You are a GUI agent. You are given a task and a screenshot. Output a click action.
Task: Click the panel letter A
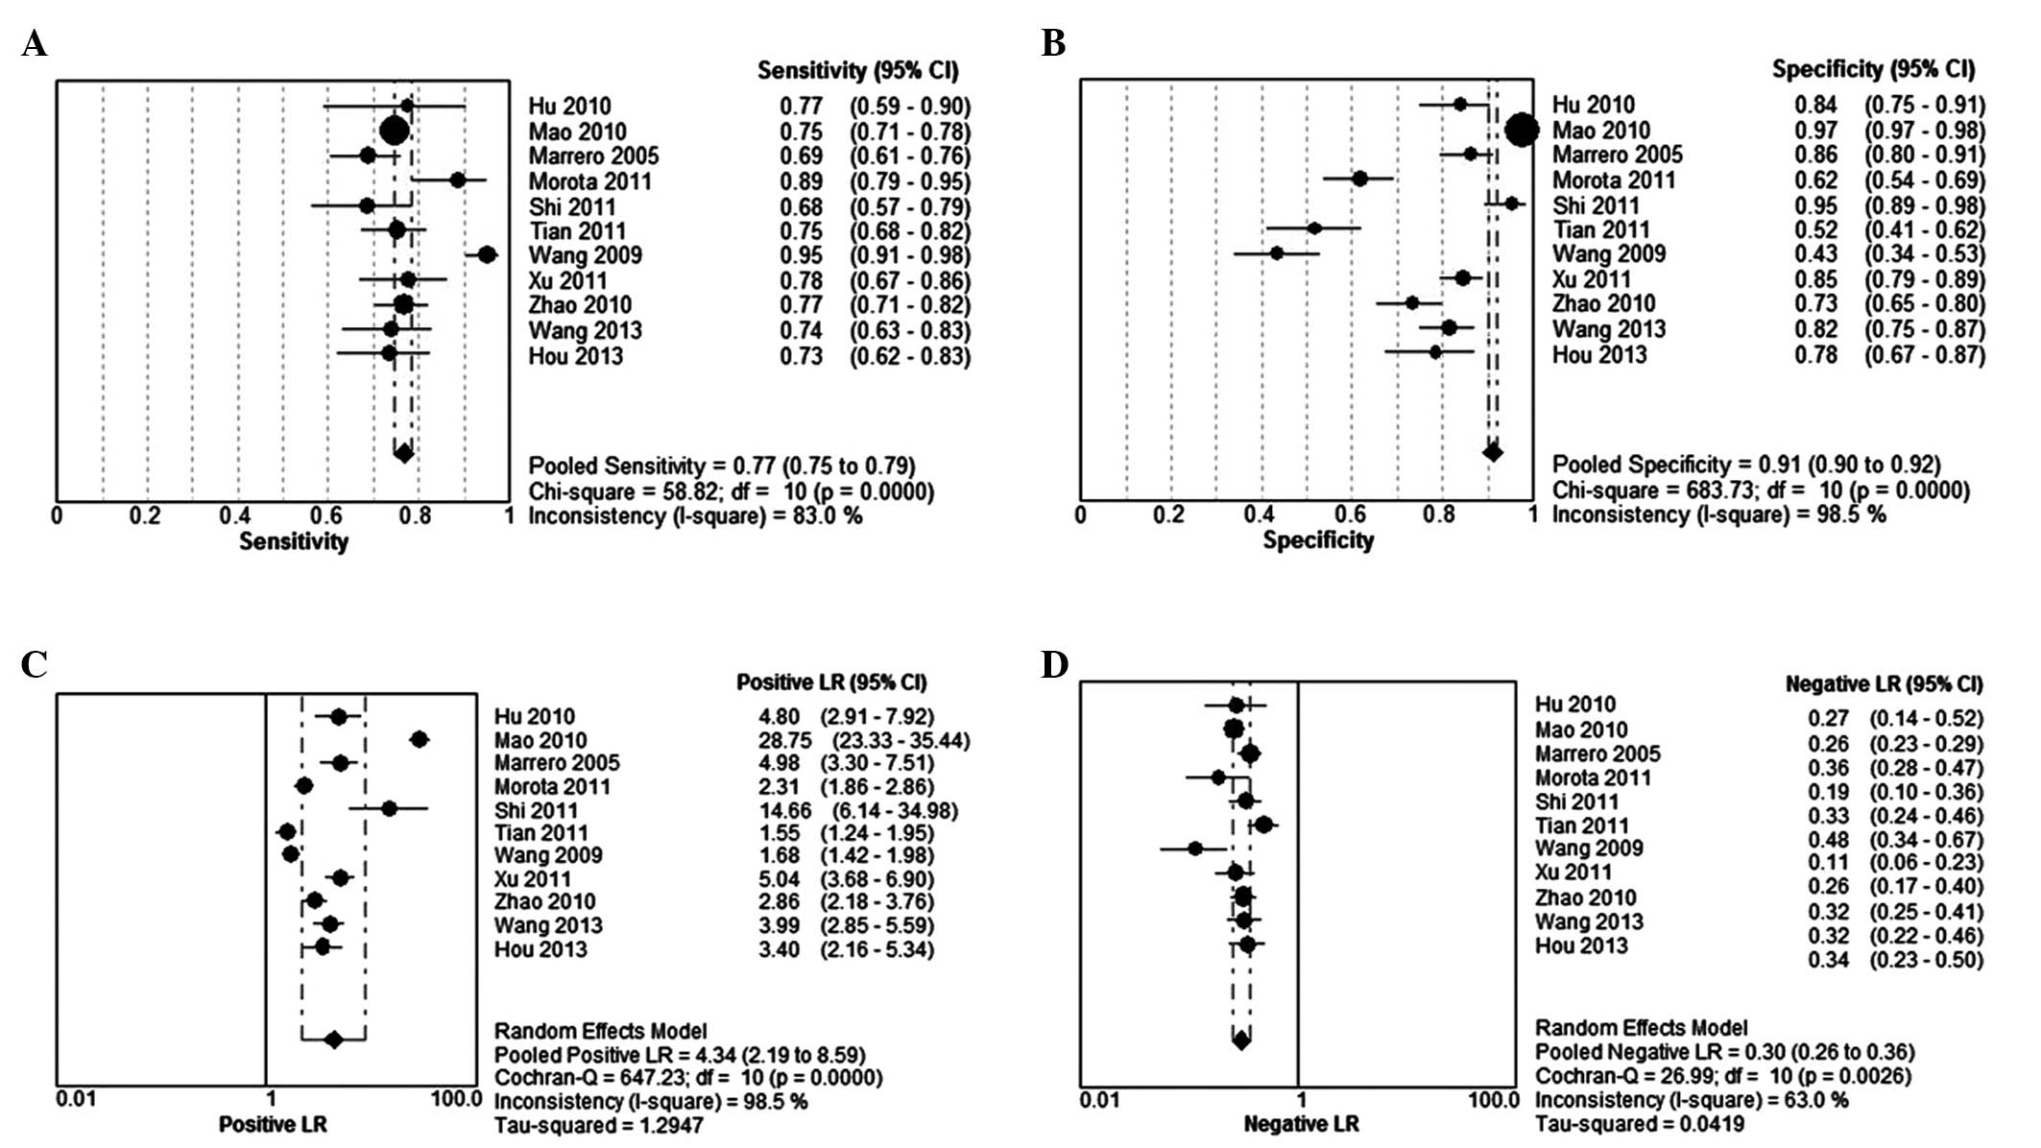(x=34, y=44)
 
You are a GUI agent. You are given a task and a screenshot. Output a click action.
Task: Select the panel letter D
(x=1054, y=664)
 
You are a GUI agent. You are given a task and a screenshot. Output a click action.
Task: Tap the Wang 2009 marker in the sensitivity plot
(x=487, y=254)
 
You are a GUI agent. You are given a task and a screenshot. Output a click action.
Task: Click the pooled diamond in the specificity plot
(x=1492, y=452)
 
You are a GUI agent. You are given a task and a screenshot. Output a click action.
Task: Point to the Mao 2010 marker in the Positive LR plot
(x=419, y=739)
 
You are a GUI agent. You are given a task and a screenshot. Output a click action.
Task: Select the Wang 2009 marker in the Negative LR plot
(x=1194, y=849)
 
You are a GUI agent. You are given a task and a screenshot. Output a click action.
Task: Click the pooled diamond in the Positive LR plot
(x=333, y=1039)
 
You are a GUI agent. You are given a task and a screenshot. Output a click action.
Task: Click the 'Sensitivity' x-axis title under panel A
(x=294, y=541)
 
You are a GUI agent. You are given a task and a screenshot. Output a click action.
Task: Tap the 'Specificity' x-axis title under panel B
(x=1318, y=540)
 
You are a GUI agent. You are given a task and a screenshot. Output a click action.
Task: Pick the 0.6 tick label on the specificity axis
(x=1351, y=514)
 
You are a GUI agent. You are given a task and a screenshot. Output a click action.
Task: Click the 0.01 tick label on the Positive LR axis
(x=76, y=1098)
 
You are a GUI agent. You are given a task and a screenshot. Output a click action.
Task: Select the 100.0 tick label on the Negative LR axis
(x=1493, y=1099)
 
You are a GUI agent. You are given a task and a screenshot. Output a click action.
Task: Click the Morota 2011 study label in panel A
(x=589, y=181)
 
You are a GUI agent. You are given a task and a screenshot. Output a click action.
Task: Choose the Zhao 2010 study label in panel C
(x=544, y=901)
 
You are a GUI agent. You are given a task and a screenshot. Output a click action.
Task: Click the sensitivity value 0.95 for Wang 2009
(x=801, y=256)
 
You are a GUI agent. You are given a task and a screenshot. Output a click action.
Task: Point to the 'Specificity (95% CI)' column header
(x=1873, y=69)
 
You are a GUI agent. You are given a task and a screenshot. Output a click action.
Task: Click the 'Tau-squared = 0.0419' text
(x=1639, y=1124)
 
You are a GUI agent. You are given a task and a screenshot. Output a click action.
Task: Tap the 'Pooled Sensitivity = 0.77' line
(x=722, y=466)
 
